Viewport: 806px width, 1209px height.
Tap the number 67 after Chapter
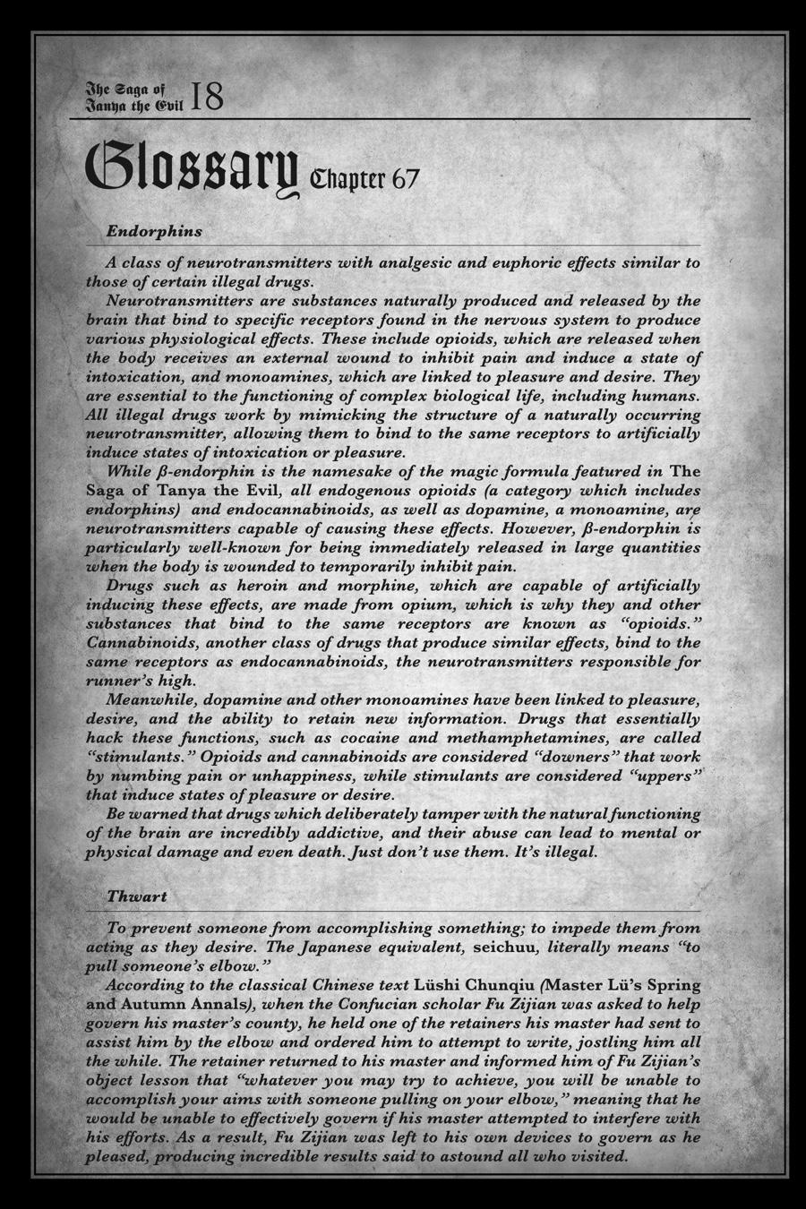pos(404,178)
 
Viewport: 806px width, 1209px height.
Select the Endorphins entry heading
pos(154,231)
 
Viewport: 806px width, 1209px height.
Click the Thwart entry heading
pos(137,896)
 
